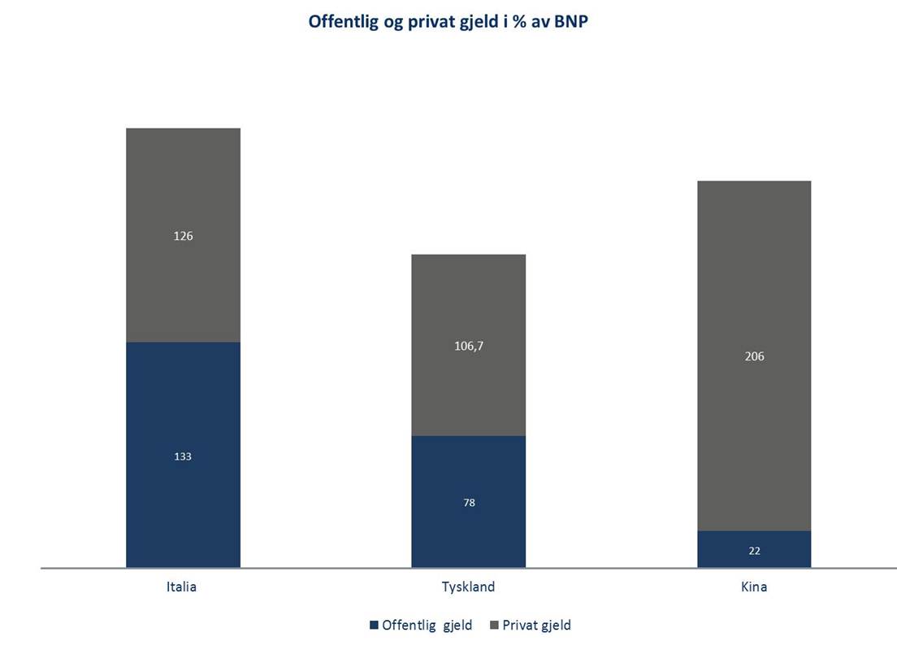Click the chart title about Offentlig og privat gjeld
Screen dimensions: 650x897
(448, 22)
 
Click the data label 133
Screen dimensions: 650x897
(183, 456)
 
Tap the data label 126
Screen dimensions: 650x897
(183, 236)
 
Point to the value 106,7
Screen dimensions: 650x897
(468, 346)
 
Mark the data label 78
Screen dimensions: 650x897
(469, 503)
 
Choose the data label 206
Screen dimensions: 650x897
(754, 356)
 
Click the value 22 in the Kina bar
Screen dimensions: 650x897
(754, 551)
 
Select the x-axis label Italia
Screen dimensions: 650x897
(180, 587)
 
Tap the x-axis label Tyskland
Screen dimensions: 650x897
(468, 587)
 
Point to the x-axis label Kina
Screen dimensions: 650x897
(754, 587)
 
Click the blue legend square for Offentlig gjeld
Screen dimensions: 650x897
(374, 626)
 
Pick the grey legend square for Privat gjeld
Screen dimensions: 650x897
(494, 626)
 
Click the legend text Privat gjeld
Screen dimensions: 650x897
(536, 626)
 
